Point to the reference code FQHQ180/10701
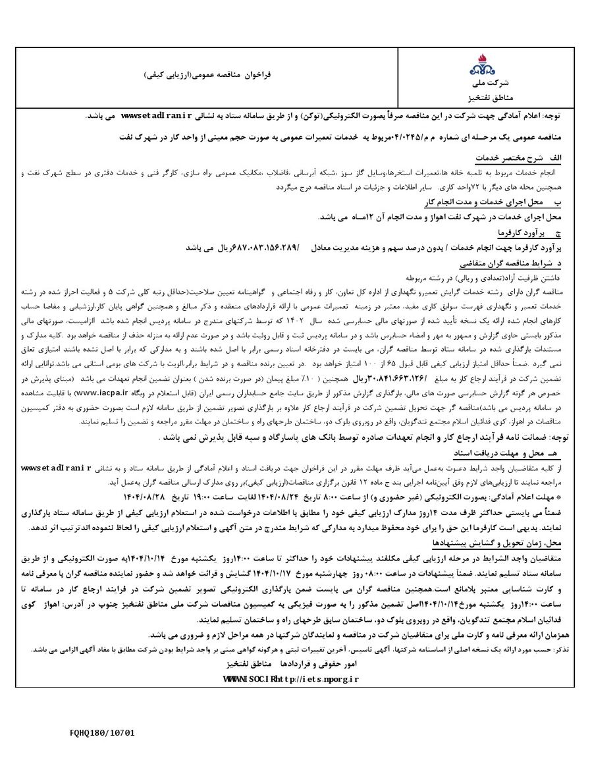click(x=102, y=731)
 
